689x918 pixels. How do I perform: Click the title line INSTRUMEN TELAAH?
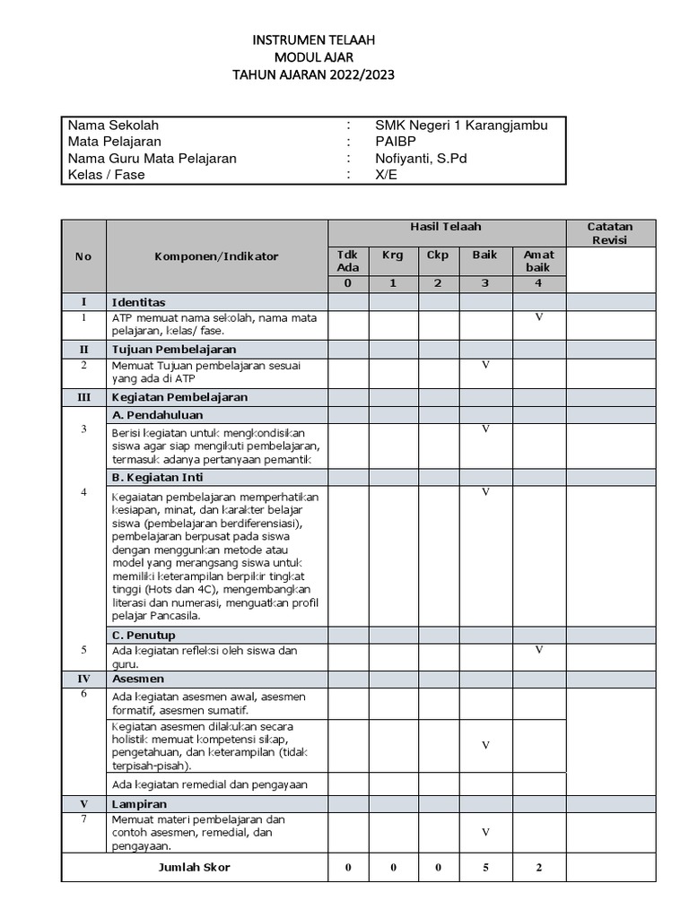tap(313, 40)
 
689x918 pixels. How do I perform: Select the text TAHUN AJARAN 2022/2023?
tap(313, 74)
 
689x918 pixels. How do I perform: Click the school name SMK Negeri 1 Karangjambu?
tap(461, 126)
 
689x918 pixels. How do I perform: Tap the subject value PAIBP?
tap(396, 142)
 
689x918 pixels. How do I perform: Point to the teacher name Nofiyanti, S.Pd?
tap(421, 159)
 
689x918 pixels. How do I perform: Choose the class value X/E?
tap(386, 175)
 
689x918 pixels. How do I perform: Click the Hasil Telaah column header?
tap(446, 227)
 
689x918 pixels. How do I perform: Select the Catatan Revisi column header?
tap(610, 233)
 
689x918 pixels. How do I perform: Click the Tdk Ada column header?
tap(347, 261)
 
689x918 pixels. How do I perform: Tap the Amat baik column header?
tap(538, 261)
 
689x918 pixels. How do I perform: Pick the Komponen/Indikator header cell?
tap(216, 256)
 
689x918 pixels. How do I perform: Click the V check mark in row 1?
tap(539, 317)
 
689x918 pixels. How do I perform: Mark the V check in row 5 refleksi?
tap(539, 650)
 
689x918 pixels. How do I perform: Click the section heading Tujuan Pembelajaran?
tap(174, 349)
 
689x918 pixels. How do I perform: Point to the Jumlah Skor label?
tap(195, 867)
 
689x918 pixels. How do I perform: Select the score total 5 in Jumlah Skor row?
tap(485, 868)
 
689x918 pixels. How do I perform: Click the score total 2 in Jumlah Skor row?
tap(539, 868)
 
